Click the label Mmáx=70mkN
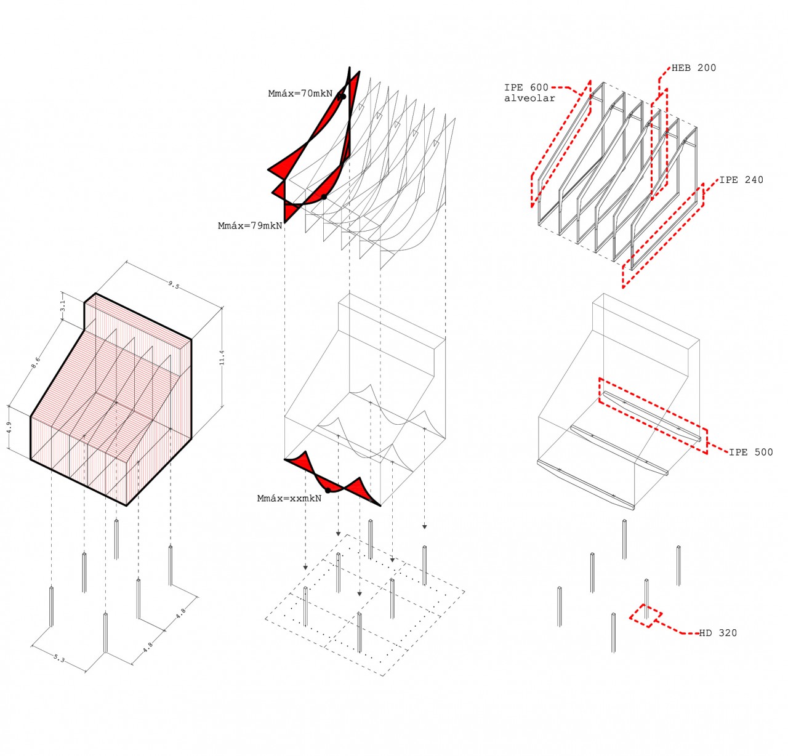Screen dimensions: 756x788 pyautogui.click(x=300, y=94)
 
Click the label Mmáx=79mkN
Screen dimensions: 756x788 pyautogui.click(x=250, y=226)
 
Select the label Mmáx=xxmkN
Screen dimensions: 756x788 pyautogui.click(x=289, y=499)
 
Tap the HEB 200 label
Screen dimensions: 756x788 pyautogui.click(x=694, y=68)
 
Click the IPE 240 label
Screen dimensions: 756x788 pyautogui.click(x=741, y=180)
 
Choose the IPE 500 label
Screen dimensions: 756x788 pyautogui.click(x=750, y=452)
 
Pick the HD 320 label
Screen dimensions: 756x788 pyautogui.click(x=718, y=633)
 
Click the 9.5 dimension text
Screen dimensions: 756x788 pyautogui.click(x=174, y=285)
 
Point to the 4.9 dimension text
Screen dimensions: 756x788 pyautogui.click(x=9, y=427)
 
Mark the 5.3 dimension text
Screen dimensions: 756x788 pyautogui.click(x=58, y=659)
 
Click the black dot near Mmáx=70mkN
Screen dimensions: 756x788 pyautogui.click(x=342, y=96)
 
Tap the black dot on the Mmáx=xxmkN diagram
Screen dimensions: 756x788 pyautogui.click(x=328, y=490)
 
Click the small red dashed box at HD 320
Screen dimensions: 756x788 pyautogui.click(x=645, y=615)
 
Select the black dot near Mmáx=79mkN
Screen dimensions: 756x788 pyautogui.click(x=324, y=197)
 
